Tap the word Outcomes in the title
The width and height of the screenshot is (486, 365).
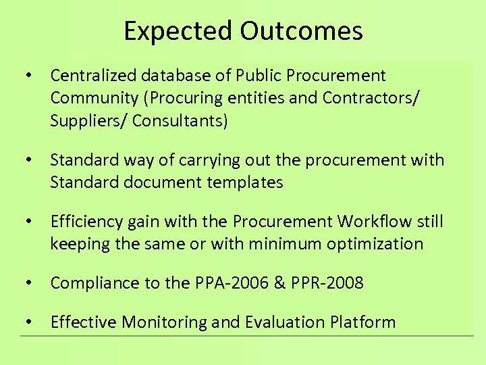300,31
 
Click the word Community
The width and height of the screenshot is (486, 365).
92,98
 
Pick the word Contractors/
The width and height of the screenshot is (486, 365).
371,98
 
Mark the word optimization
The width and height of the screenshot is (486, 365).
375,243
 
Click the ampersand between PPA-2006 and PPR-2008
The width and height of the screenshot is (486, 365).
279,283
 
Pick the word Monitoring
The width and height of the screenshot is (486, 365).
164,322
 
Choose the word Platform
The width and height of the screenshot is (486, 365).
363,322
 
